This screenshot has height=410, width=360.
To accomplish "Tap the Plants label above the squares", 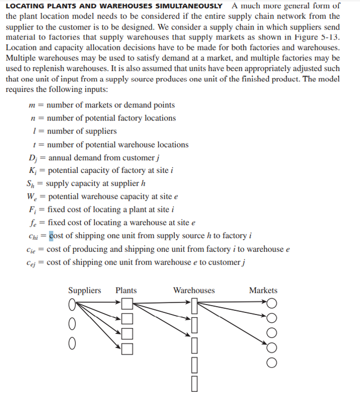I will pos(126,290).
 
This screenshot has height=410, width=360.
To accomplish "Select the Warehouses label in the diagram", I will pos(193,290).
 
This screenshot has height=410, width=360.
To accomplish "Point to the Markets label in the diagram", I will pos(263,290).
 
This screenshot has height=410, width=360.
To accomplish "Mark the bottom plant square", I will pos(128,348).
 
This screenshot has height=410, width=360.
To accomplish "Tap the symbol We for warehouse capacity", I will pos(31,197).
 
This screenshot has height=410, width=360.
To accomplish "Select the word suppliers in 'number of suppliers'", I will pos(99,131).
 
